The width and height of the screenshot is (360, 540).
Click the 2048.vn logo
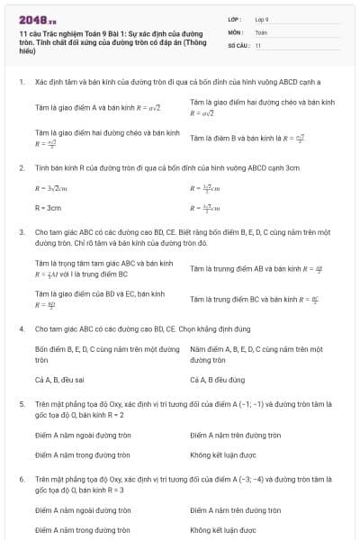click(37, 18)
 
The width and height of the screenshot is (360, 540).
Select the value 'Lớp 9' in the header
click(262, 19)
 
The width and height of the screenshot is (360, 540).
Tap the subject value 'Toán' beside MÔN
click(261, 31)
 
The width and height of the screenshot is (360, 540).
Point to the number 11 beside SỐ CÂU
click(258, 44)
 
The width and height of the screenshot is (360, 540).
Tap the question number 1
click(22, 82)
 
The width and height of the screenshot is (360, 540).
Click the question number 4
click(22, 328)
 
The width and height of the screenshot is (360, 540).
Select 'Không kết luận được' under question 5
click(223, 455)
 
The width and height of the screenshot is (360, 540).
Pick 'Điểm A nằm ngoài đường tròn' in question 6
click(83, 510)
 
